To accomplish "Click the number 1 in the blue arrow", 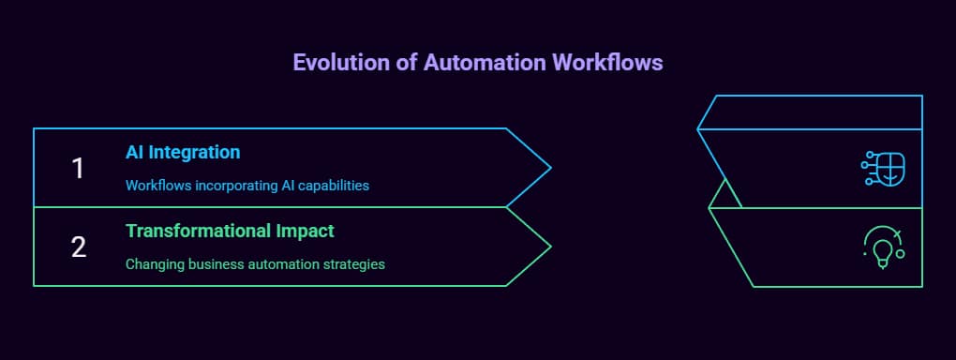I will click(x=78, y=168).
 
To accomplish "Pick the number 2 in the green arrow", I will click(x=79, y=247).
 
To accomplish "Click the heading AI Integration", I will click(x=183, y=152).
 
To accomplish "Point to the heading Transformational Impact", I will click(x=230, y=231).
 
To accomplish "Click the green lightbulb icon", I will click(x=883, y=248).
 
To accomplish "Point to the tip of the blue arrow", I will click(x=550, y=168).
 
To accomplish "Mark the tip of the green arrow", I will click(x=550, y=247).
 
